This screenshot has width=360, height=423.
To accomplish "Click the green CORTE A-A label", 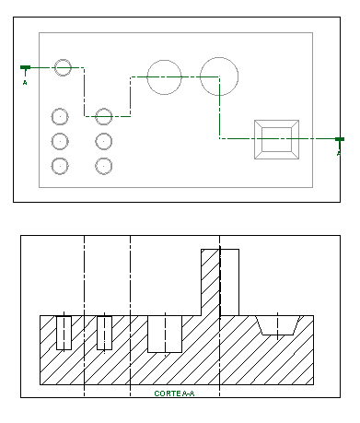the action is (x=174, y=394).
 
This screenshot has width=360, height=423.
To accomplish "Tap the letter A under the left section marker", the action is (x=25, y=83).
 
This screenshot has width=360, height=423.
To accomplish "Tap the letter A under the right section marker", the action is (x=339, y=153).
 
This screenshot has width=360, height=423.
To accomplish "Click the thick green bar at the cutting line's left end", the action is (x=25, y=67).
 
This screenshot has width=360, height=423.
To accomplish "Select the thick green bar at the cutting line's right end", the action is (x=340, y=139).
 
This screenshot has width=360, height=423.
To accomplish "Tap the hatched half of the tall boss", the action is (x=211, y=282).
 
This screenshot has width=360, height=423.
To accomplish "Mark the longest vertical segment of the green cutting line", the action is (x=219, y=108).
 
